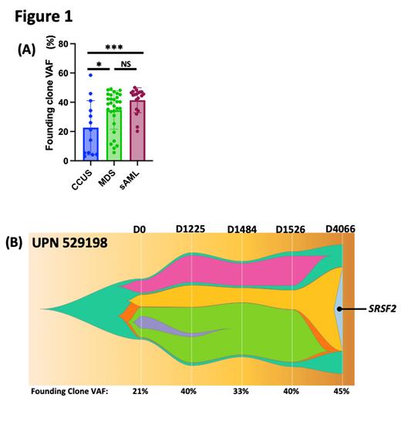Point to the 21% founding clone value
click(140, 392)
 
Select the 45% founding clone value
click(341, 392)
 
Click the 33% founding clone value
click(243, 392)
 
